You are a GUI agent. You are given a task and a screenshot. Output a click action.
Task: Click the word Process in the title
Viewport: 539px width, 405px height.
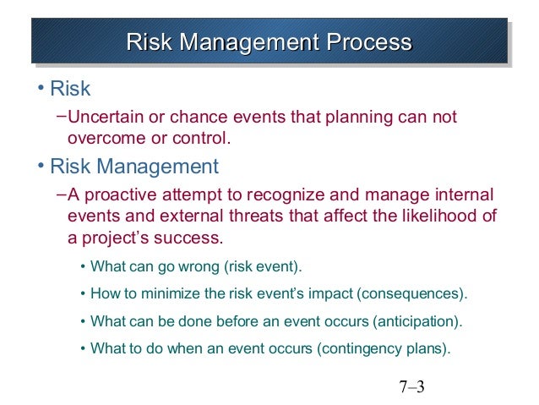click(370, 42)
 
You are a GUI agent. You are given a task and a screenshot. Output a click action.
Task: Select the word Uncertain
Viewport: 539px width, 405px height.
click(104, 117)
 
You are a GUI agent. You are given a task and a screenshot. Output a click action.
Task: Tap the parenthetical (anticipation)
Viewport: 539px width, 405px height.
click(414, 322)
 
